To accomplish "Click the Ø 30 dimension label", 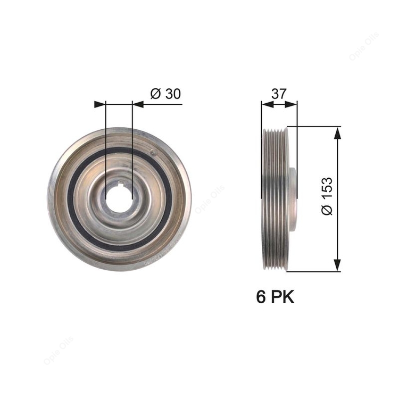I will point(166,94).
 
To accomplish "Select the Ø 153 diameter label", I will point(327,196).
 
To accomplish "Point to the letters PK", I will point(282,297).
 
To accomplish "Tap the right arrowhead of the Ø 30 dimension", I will point(138,104).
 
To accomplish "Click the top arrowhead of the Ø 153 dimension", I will point(336,133).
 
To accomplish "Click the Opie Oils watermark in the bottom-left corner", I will point(58,351).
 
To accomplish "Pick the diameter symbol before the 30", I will point(155,94).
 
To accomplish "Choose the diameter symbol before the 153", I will point(327,210).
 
